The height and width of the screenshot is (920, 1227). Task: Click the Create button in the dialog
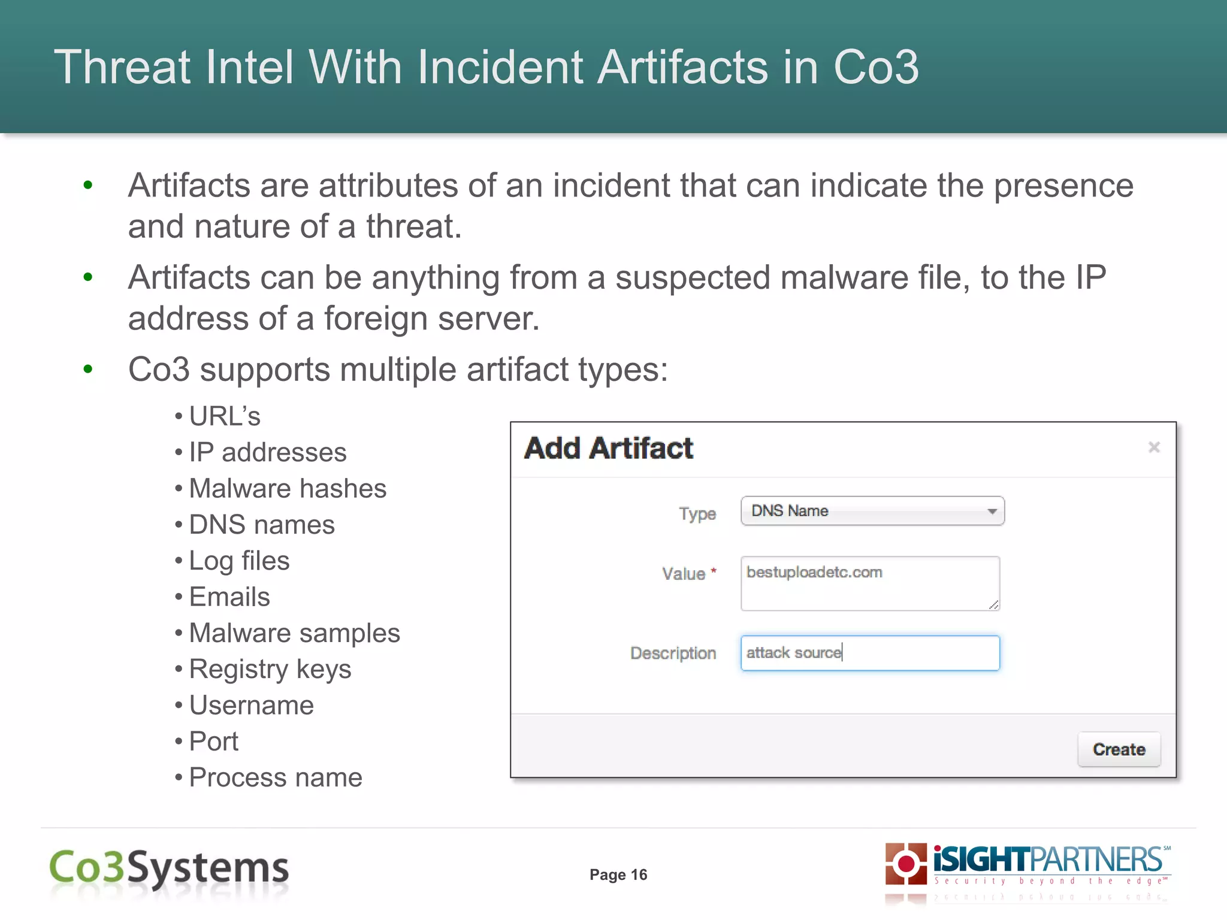1119,749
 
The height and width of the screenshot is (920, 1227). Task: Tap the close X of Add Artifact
1154,447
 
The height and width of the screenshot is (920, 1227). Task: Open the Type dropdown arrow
992,512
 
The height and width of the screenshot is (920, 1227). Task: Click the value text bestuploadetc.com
814,573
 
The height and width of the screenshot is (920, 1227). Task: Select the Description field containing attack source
870,653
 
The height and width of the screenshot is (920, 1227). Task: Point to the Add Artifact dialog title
609,448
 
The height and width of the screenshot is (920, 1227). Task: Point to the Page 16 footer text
618,875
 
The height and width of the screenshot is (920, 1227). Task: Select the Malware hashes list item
288,489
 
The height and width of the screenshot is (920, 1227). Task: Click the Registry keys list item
270,670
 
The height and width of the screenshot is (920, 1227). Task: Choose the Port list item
213,742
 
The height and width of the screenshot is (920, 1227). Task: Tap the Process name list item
276,778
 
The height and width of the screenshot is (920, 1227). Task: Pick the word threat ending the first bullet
413,227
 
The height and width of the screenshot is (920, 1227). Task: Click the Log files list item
239,561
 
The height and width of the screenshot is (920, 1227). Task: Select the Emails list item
229,597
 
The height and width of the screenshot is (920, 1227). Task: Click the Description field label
673,653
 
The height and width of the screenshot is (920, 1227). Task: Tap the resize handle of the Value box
994,605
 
